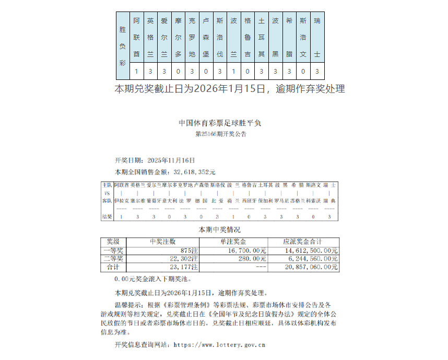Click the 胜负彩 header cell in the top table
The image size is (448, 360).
click(x=122, y=45)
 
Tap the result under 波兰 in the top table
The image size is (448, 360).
click(x=234, y=72)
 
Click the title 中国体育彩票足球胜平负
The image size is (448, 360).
click(x=220, y=123)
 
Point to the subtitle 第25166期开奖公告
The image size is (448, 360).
click(x=220, y=134)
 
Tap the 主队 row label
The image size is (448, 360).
click(x=107, y=185)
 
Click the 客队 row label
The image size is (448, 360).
click(x=107, y=201)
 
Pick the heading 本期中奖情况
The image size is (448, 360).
click(x=220, y=229)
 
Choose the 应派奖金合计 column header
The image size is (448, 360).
click(x=302, y=241)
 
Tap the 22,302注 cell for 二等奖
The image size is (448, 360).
click(x=182, y=259)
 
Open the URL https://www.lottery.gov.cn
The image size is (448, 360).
click(x=219, y=345)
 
